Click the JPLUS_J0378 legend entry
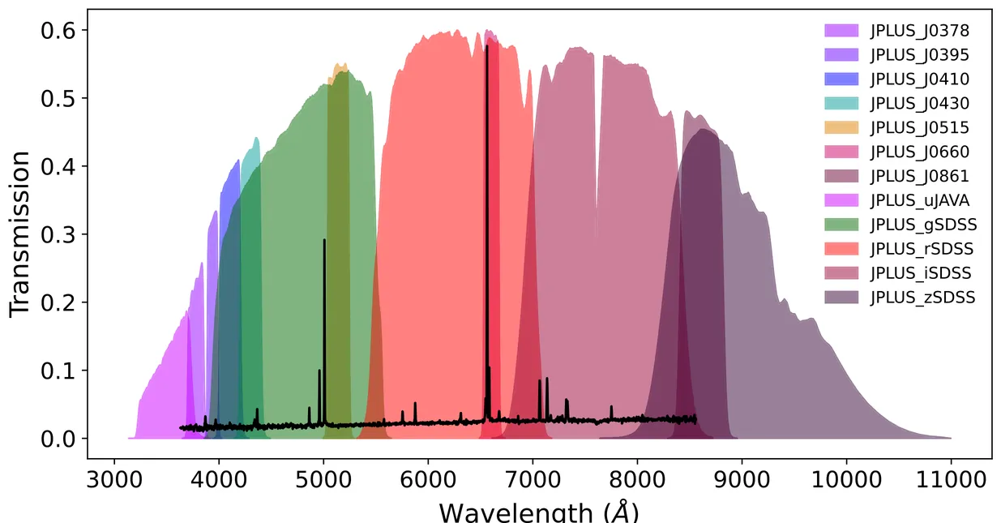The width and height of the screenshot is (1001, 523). pyautogui.click(x=919, y=31)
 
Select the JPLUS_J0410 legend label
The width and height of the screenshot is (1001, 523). pyautogui.click(x=919, y=79)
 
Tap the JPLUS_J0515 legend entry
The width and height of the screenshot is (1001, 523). pyautogui.click(x=919, y=128)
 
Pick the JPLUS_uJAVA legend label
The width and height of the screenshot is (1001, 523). pyautogui.click(x=919, y=200)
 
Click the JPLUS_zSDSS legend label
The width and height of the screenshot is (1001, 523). pyautogui.click(x=922, y=298)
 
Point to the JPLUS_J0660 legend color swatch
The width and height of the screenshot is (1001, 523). pyautogui.click(x=841, y=152)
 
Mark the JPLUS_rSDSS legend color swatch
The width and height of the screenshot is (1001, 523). pyautogui.click(x=841, y=249)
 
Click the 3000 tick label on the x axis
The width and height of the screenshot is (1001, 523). pyautogui.click(x=114, y=479)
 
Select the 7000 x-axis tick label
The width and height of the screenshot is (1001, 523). pyautogui.click(x=533, y=479)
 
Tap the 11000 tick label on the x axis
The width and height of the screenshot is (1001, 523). pyautogui.click(x=951, y=479)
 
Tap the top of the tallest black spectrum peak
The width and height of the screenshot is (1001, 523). pyautogui.click(x=486, y=47)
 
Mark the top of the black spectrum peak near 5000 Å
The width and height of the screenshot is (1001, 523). pyautogui.click(x=324, y=241)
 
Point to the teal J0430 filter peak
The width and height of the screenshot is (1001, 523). pyautogui.click(x=256, y=139)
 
